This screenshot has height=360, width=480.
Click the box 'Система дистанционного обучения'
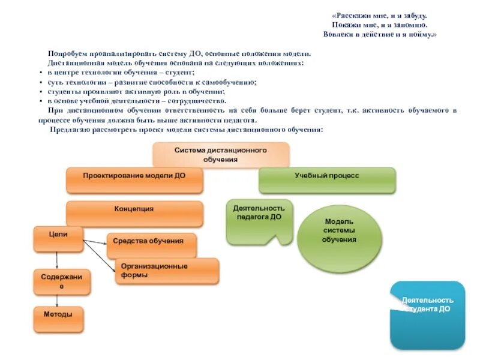(x=221, y=155)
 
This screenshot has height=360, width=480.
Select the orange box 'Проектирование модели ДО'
(x=134, y=180)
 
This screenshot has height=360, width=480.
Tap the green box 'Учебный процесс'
(x=327, y=180)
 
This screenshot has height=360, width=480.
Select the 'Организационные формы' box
(x=167, y=271)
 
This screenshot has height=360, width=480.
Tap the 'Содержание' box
(x=62, y=282)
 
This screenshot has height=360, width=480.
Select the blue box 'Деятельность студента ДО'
(x=427, y=314)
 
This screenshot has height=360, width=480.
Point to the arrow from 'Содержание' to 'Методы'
(x=57, y=301)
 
